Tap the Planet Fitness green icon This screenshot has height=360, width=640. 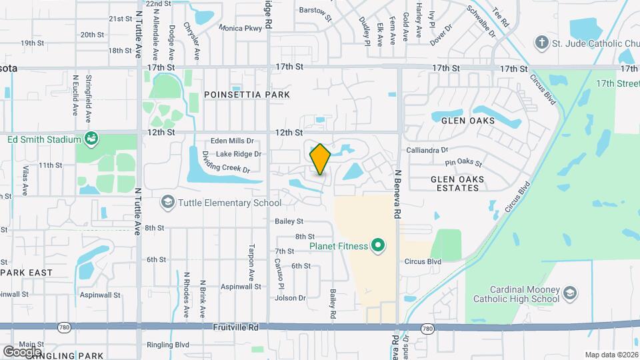[x=378, y=246]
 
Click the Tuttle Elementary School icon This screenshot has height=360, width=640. [x=167, y=203]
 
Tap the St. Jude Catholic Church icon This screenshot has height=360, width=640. [x=542, y=43]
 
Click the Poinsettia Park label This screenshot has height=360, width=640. [x=247, y=95]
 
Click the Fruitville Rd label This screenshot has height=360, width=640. [x=235, y=327]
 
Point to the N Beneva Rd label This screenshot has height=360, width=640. [x=397, y=194]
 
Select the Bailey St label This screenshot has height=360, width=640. [x=289, y=221]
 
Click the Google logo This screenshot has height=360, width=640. [x=22, y=351]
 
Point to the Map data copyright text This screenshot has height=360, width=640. [x=611, y=355]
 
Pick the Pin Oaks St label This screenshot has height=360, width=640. [x=463, y=162]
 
